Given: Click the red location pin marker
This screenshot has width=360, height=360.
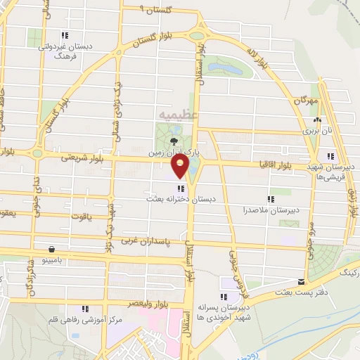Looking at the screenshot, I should [x=180, y=165].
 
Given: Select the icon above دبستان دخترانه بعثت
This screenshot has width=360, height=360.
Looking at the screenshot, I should [x=182, y=188].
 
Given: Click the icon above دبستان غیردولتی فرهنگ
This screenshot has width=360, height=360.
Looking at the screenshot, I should [x=65, y=35].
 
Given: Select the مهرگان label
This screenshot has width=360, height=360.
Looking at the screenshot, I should [x=307, y=102].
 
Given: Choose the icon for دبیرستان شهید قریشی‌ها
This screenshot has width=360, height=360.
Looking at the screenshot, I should [x=329, y=157].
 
